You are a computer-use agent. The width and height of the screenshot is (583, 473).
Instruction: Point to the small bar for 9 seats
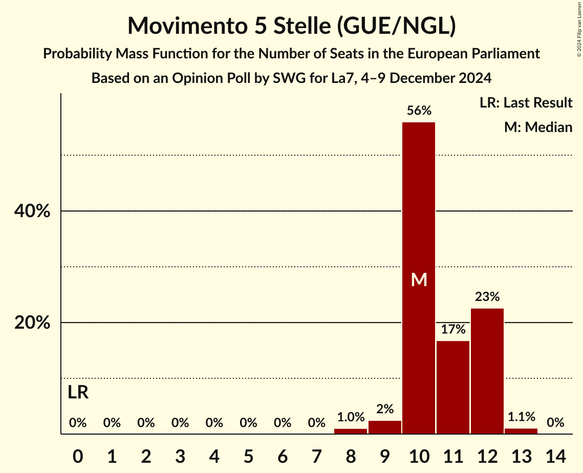point(385,427)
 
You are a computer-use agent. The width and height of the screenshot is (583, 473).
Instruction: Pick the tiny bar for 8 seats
point(351,432)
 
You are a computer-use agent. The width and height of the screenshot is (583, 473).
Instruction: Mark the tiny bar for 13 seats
point(521,432)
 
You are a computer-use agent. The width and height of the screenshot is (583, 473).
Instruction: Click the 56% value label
point(419,111)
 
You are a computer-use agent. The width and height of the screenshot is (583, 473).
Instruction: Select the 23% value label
point(487,297)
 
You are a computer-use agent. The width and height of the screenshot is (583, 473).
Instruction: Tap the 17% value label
point(453,329)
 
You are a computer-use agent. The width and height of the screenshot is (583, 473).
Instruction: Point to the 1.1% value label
point(521,417)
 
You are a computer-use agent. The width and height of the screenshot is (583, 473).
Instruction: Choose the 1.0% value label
point(351,417)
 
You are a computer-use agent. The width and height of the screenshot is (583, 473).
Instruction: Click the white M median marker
point(419,279)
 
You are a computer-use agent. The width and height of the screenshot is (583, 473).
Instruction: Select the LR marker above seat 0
point(78,393)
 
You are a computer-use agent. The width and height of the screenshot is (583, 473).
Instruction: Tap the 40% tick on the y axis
point(32,211)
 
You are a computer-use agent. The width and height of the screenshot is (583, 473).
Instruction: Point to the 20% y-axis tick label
point(32,323)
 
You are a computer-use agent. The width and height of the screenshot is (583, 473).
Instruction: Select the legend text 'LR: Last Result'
point(526,103)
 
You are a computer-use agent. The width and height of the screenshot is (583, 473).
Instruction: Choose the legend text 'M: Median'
point(538,127)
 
